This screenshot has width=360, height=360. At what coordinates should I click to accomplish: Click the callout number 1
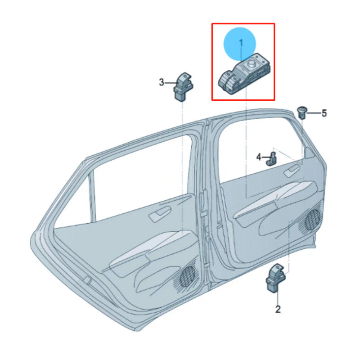pyautogui.click(x=241, y=43)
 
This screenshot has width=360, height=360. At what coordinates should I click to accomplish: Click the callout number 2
pyautogui.click(x=278, y=309)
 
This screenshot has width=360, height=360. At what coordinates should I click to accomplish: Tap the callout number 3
pyautogui.click(x=162, y=82)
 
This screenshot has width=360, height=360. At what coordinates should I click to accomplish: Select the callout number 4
pyautogui.click(x=259, y=157)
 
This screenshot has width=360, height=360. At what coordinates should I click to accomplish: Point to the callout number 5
pyautogui.click(x=324, y=113)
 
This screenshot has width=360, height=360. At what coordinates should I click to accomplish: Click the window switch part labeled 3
pyautogui.click(x=183, y=87)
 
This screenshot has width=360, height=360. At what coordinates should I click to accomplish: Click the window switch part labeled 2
pyautogui.click(x=275, y=279)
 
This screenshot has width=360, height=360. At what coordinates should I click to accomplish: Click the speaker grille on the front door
pyautogui.click(x=312, y=219)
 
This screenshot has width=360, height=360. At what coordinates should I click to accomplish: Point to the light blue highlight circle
pyautogui.click(x=241, y=44)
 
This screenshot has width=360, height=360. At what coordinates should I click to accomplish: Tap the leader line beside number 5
pyautogui.click(x=314, y=113)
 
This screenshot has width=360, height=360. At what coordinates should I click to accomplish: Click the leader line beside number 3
pyautogui.click(x=171, y=82)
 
